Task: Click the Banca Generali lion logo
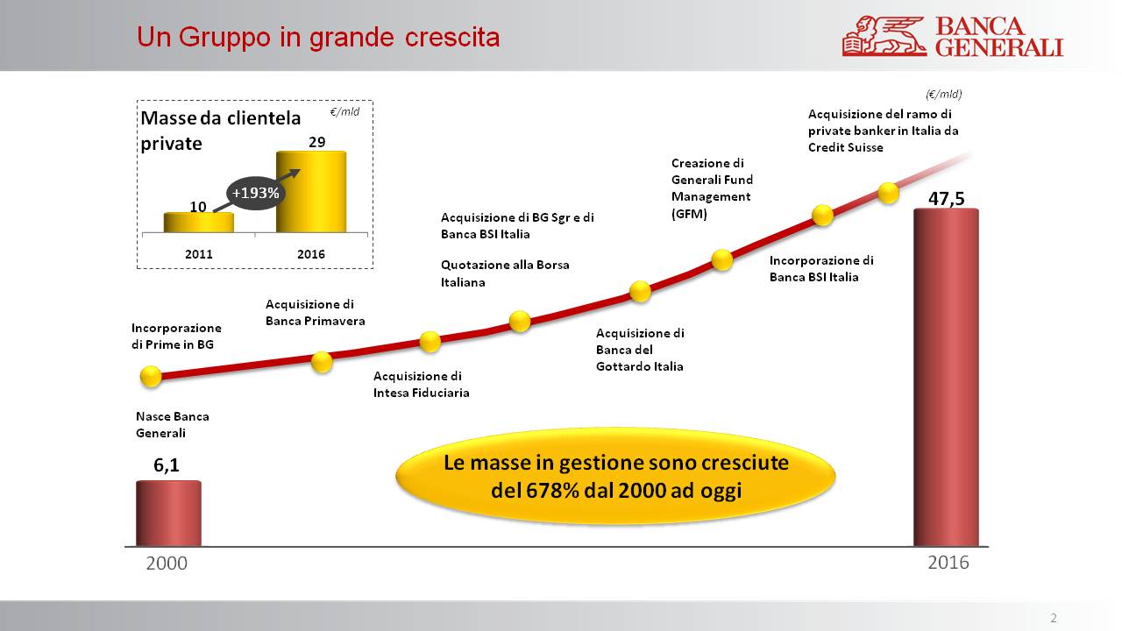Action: (x=884, y=37)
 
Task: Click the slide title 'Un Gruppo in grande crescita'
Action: (x=318, y=38)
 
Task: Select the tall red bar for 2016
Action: (x=946, y=377)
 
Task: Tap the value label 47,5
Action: (x=946, y=198)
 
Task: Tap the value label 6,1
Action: (x=167, y=466)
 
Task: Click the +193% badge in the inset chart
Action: (x=253, y=193)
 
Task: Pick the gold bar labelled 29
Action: (x=311, y=192)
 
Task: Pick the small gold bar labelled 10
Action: (x=199, y=223)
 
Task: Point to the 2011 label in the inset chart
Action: (x=199, y=254)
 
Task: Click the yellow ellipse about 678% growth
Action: (x=616, y=476)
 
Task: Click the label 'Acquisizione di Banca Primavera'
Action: (x=315, y=313)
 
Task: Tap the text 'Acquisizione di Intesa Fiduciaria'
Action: (x=421, y=384)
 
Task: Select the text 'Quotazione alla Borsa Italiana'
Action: (x=505, y=273)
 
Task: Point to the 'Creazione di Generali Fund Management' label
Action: (x=711, y=188)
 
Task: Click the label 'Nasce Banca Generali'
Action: (x=172, y=425)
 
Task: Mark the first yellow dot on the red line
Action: (x=151, y=377)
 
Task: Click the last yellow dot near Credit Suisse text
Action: (x=888, y=193)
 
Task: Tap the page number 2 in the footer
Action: (x=1054, y=618)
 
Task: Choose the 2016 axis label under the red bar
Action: (x=948, y=563)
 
